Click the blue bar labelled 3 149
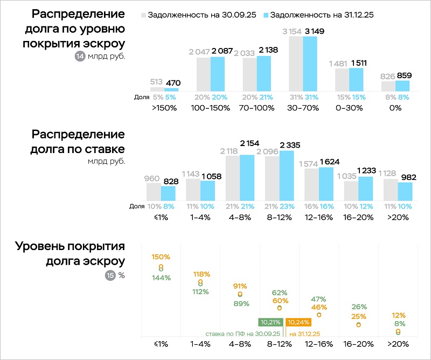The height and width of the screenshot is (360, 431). tap(310, 64)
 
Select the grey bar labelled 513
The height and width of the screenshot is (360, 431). tap(157, 89)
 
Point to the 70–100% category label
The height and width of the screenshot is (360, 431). tap(256, 107)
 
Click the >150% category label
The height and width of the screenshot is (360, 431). tap(164, 107)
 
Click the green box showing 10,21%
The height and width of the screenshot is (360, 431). tap(270, 322)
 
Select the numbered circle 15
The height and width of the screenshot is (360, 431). tap(110, 275)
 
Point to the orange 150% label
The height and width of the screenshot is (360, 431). tap(161, 257)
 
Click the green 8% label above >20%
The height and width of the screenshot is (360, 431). tap(399, 324)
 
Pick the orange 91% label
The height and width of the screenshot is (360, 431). tap(240, 286)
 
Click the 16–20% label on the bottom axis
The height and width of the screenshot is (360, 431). tap(358, 343)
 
